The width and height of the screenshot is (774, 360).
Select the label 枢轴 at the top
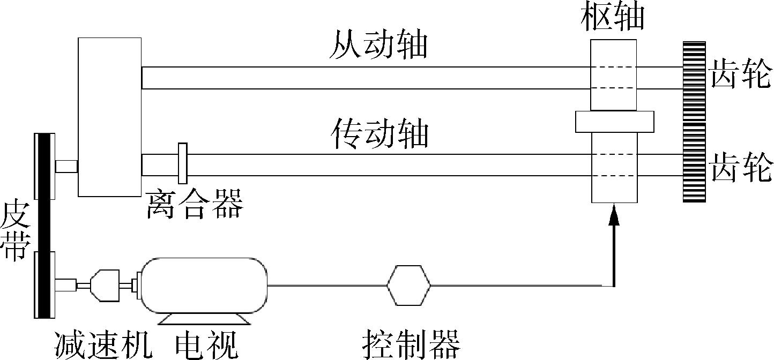(613, 17)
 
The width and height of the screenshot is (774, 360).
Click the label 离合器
(194, 205)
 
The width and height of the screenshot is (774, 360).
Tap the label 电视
(206, 344)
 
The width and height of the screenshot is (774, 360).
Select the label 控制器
(411, 344)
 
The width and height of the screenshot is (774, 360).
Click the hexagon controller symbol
(408, 285)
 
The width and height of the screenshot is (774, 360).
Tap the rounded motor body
(204, 285)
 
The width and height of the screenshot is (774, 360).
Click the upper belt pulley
(44, 165)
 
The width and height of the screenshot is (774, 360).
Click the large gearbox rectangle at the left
(109, 117)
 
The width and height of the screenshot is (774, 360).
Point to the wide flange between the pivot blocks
(614, 122)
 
